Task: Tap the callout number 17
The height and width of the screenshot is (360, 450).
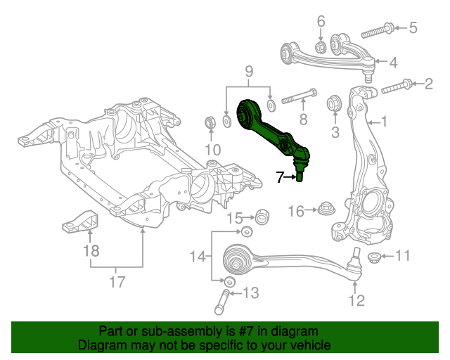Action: pyautogui.click(x=117, y=282)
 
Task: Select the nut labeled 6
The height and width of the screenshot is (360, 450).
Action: pyautogui.click(x=320, y=48)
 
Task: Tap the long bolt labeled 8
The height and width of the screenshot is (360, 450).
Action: pyautogui.click(x=299, y=96)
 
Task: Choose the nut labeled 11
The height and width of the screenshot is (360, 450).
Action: pyautogui.click(x=374, y=257)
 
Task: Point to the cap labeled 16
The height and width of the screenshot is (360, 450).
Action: pyautogui.click(x=326, y=209)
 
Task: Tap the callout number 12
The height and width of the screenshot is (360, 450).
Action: pyautogui.click(x=356, y=301)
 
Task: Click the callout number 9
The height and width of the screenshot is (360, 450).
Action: pyautogui.click(x=248, y=72)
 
